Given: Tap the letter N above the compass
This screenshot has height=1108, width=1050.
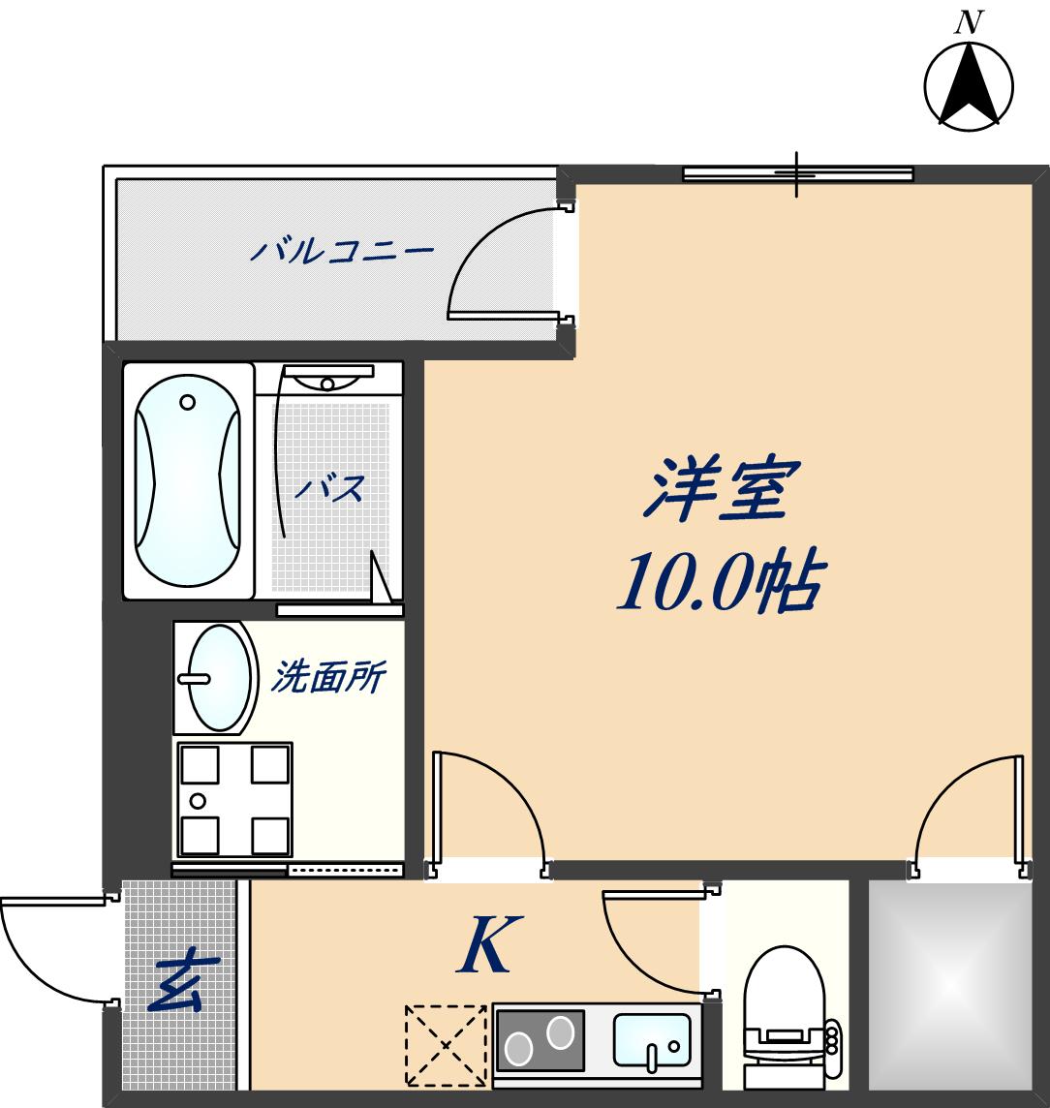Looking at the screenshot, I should (968, 21).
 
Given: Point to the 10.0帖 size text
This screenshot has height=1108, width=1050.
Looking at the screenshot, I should (720, 581).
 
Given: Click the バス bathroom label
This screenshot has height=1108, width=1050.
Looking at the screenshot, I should (329, 488).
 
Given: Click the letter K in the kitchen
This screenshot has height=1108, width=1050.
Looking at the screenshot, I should (484, 945).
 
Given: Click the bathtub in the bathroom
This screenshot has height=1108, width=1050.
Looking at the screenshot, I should (188, 481).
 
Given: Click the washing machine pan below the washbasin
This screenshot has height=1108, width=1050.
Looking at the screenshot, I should (232, 800).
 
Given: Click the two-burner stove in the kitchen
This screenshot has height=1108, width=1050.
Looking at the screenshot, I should (540, 1042).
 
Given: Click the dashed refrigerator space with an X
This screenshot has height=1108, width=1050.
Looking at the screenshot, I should (446, 1045).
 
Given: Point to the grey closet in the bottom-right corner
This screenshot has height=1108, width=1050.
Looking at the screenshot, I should (949, 986).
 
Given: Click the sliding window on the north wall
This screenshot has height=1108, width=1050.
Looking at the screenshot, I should (798, 174).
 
